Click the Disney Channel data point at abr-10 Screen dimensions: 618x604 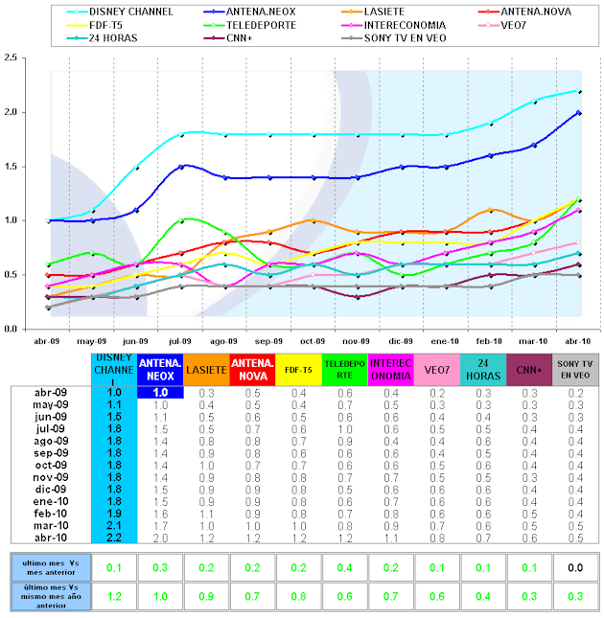[x=579, y=91]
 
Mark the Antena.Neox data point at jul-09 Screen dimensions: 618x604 [x=182, y=166]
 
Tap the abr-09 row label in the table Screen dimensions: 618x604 [x=50, y=393]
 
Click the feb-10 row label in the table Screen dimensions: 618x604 [x=50, y=514]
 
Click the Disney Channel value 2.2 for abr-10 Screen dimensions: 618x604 [x=113, y=538]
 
